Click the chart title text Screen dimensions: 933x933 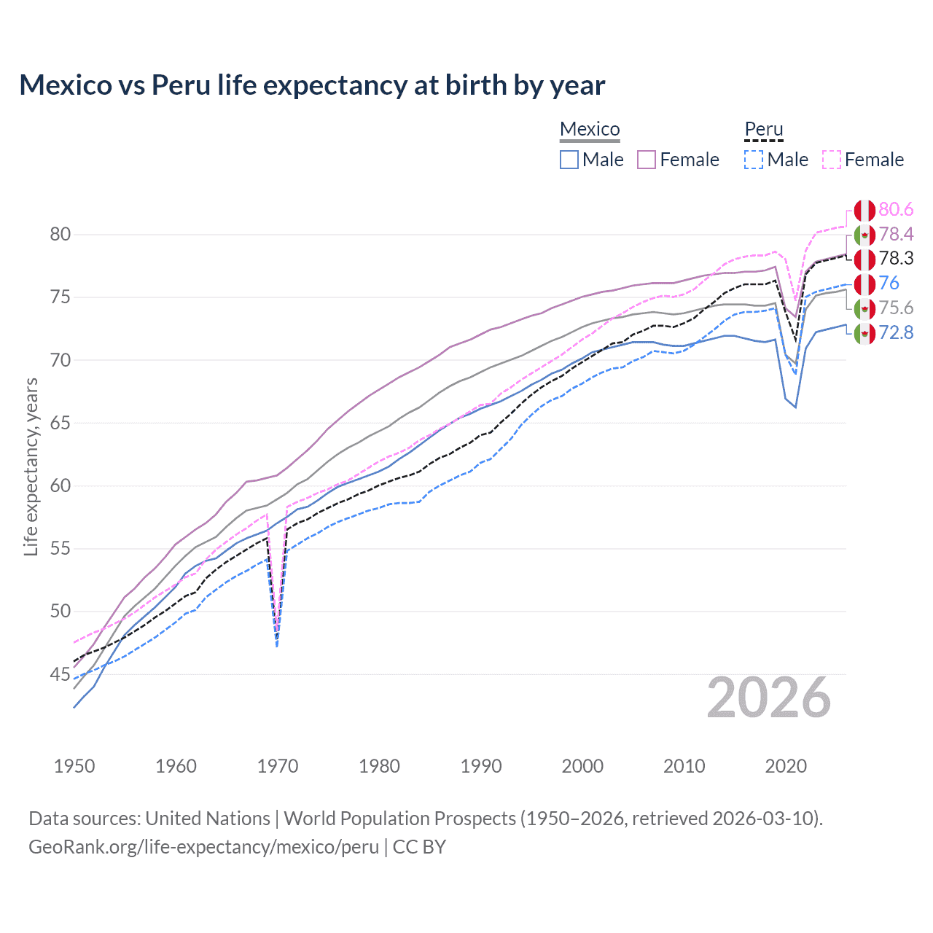click(312, 85)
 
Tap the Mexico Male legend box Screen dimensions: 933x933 click(569, 160)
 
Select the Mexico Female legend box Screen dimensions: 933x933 click(647, 160)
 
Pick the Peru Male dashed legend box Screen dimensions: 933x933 click(754, 160)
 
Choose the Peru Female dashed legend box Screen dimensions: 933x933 click(832, 160)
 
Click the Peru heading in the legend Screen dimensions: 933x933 click(763, 130)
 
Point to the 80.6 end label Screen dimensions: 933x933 click(896, 210)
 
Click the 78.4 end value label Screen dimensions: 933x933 click(896, 234)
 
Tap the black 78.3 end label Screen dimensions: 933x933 click(896, 259)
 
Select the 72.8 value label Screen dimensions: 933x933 click(896, 333)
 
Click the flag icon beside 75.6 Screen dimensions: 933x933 click(864, 308)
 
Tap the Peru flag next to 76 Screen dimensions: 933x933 click(864, 284)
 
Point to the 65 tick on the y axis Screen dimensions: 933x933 click(60, 423)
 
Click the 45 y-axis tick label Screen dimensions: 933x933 click(60, 675)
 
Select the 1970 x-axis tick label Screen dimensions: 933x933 click(278, 766)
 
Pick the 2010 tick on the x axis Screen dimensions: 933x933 click(684, 766)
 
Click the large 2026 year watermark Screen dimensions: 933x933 click(768, 698)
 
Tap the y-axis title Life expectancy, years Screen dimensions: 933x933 click(31, 466)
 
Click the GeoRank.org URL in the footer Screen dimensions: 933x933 click(203, 847)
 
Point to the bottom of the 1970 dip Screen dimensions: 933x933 click(277, 641)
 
